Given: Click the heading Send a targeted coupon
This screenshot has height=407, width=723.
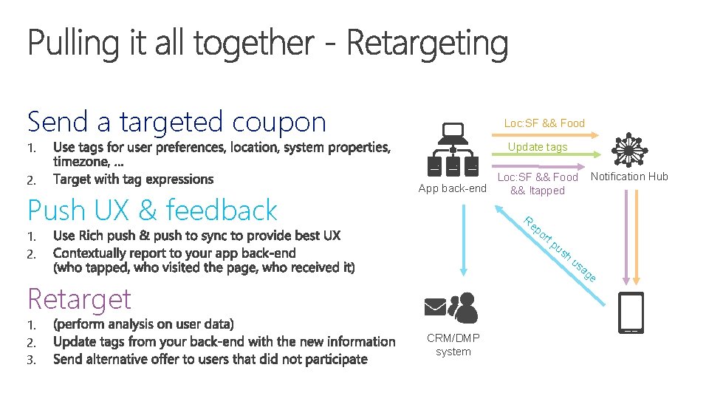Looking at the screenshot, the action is point(177,122).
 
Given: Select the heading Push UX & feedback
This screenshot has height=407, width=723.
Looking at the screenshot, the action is point(152,211).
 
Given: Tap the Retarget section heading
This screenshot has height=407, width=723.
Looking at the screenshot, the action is point(79,299).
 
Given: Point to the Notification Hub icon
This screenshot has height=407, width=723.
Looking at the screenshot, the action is point(628,151).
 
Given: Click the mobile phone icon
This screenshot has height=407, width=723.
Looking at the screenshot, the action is point(631,312).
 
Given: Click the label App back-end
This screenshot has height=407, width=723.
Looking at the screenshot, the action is point(452,188).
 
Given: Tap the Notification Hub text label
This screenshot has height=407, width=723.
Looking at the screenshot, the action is point(629,176).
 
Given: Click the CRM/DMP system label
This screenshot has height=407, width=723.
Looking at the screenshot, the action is point(453,345).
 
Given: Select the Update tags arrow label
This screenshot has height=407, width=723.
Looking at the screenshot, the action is point(538,147).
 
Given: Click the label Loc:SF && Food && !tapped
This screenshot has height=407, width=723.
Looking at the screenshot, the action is point(538,184).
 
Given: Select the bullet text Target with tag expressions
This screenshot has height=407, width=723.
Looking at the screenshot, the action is point(133,179).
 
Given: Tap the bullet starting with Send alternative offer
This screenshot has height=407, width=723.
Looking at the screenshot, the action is point(210,360).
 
